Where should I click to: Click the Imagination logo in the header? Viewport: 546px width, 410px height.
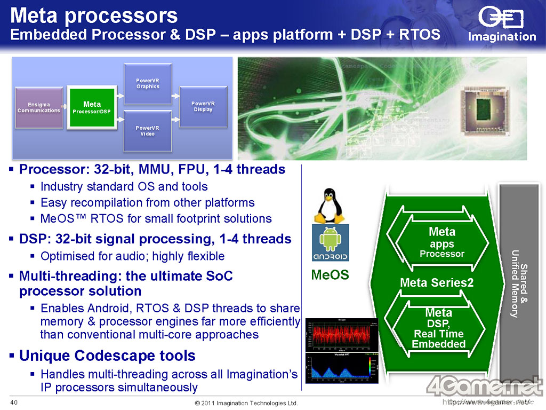point(501,23)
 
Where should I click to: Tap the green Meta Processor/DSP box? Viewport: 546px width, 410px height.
point(92,107)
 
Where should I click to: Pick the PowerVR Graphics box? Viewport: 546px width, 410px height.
point(148,83)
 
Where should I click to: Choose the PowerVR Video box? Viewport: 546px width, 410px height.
point(148,131)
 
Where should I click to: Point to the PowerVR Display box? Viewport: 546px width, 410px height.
point(203,106)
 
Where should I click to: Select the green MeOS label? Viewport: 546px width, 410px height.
point(330,275)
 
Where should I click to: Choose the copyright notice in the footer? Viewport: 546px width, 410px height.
point(246,403)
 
